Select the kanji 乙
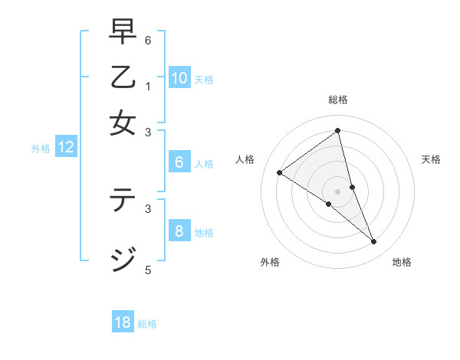[x=123, y=79]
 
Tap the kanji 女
[x=123, y=123]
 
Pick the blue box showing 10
[x=179, y=78]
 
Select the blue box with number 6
[x=179, y=162]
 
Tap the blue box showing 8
[x=179, y=231]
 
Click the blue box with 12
[x=66, y=148]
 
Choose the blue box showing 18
[x=123, y=322]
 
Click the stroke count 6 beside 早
[x=148, y=40]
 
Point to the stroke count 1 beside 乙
[x=148, y=87]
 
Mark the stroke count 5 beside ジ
[x=148, y=270]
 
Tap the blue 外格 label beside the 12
[x=41, y=149]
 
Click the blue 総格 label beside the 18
[x=147, y=324]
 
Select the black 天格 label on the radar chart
[x=432, y=159]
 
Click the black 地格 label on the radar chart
[x=402, y=262]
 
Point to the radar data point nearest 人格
[x=279, y=172]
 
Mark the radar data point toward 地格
[x=373, y=241]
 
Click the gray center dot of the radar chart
[x=337, y=191]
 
